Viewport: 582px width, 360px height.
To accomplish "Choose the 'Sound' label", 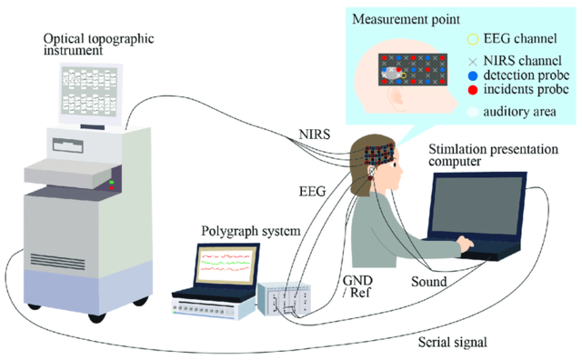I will pyautogui.click(x=427, y=283).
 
